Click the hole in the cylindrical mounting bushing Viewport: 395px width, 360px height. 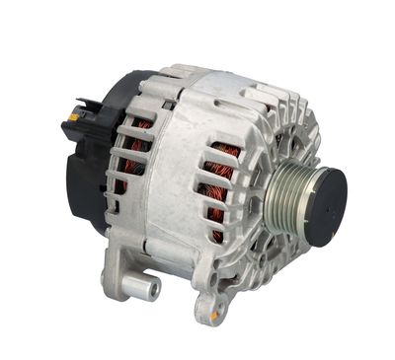point(154,290)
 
